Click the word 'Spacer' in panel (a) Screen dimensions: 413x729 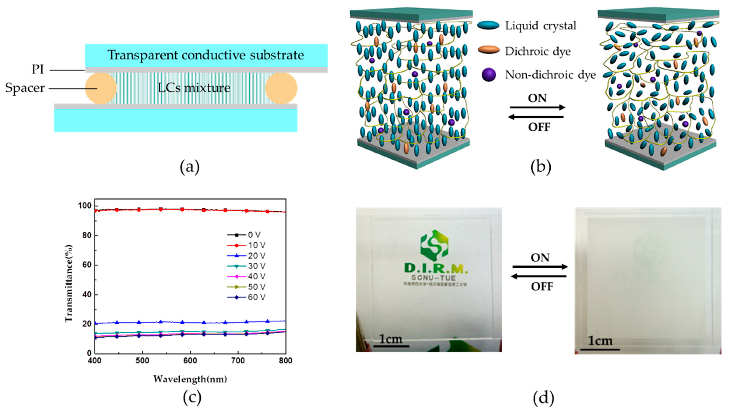point(25,88)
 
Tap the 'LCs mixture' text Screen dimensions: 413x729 point(194,88)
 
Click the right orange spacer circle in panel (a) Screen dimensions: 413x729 point(281,88)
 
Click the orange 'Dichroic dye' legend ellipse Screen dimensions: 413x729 point(488,50)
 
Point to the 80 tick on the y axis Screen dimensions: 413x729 point(87,235)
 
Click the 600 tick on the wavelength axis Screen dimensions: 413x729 point(190,361)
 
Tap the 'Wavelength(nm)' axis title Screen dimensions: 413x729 point(190,379)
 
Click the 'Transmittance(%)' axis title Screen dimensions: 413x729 point(69,283)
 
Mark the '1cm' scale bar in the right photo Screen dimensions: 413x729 point(600,349)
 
